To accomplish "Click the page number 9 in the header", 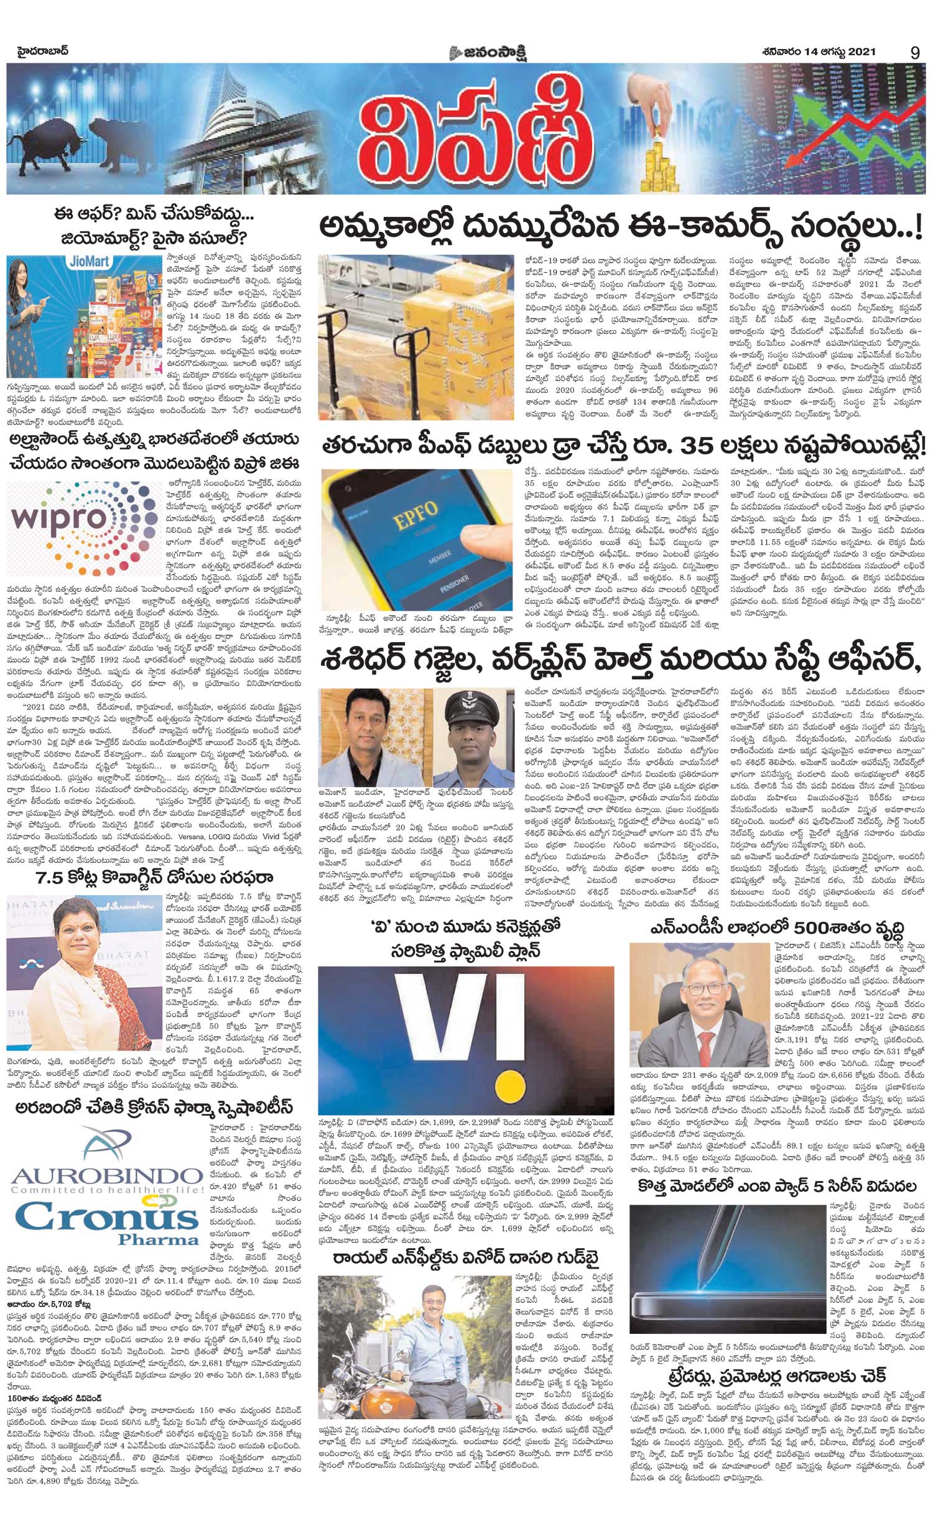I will (914, 53).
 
